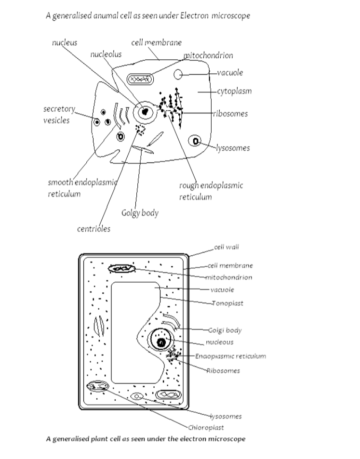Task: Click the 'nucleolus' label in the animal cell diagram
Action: point(106,54)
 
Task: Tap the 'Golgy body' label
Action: point(140,212)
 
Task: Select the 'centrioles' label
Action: point(93,229)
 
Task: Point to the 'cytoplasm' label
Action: point(234,91)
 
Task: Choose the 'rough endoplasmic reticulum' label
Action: point(211,191)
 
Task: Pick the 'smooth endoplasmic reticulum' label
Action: point(83,188)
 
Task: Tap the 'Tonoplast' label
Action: point(228,303)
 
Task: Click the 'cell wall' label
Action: point(227,247)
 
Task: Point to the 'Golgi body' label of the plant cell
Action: point(225,330)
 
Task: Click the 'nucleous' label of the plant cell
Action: point(219,342)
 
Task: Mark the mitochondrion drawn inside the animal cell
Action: point(140,78)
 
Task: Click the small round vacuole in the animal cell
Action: point(178,74)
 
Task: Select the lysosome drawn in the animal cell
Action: point(195,141)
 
